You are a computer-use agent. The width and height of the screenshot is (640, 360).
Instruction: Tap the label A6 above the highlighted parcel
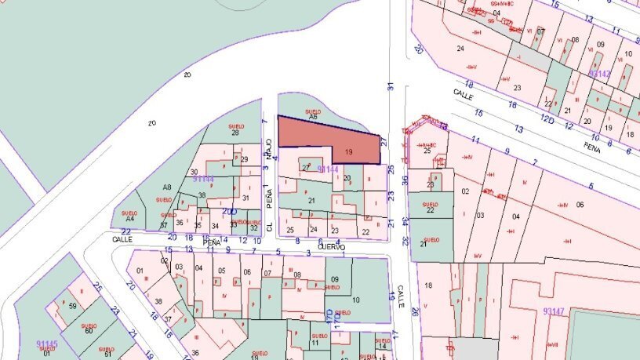(x=313, y=117)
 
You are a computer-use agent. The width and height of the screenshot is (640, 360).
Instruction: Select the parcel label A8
(x=166, y=187)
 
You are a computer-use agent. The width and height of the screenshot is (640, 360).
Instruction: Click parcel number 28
(x=235, y=133)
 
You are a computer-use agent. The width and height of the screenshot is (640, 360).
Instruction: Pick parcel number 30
(x=194, y=172)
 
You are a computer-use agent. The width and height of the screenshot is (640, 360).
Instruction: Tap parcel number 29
(x=245, y=160)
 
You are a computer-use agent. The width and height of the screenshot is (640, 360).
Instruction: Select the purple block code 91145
(x=46, y=344)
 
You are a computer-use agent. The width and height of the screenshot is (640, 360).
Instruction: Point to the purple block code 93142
(x=598, y=74)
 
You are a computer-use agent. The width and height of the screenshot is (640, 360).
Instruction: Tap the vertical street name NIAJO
(x=268, y=147)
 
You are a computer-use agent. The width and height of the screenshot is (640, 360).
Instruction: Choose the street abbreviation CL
(x=268, y=226)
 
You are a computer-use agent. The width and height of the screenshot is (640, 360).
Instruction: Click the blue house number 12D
(x=547, y=119)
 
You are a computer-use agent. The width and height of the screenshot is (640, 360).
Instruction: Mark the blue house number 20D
(x=229, y=212)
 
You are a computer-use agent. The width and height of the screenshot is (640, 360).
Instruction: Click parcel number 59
(x=73, y=306)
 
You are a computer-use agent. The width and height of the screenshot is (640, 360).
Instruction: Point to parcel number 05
(x=223, y=272)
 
